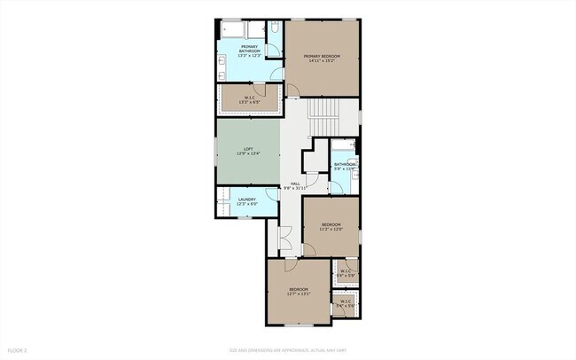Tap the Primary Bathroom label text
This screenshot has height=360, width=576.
coord(250,49)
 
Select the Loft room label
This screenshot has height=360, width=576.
coord(248,148)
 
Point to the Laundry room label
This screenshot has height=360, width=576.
coord(247,200)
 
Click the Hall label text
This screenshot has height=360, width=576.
coord(294,184)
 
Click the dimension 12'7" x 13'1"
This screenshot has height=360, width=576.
coord(298,293)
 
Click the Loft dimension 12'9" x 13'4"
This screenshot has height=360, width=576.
coord(248,153)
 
